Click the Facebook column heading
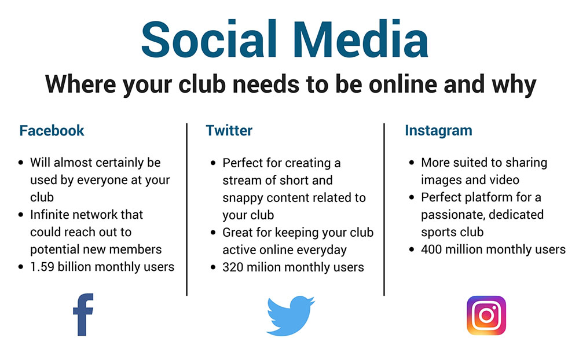52,131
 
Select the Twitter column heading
229,131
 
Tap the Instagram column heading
438,131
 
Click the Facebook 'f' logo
83,315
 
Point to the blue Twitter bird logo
290,315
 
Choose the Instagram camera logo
486,315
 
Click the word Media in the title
361,40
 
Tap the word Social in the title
209,40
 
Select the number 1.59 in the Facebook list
42,267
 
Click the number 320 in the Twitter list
233,267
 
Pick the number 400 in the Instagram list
431,249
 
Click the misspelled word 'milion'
263,267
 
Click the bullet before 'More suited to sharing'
412,163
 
